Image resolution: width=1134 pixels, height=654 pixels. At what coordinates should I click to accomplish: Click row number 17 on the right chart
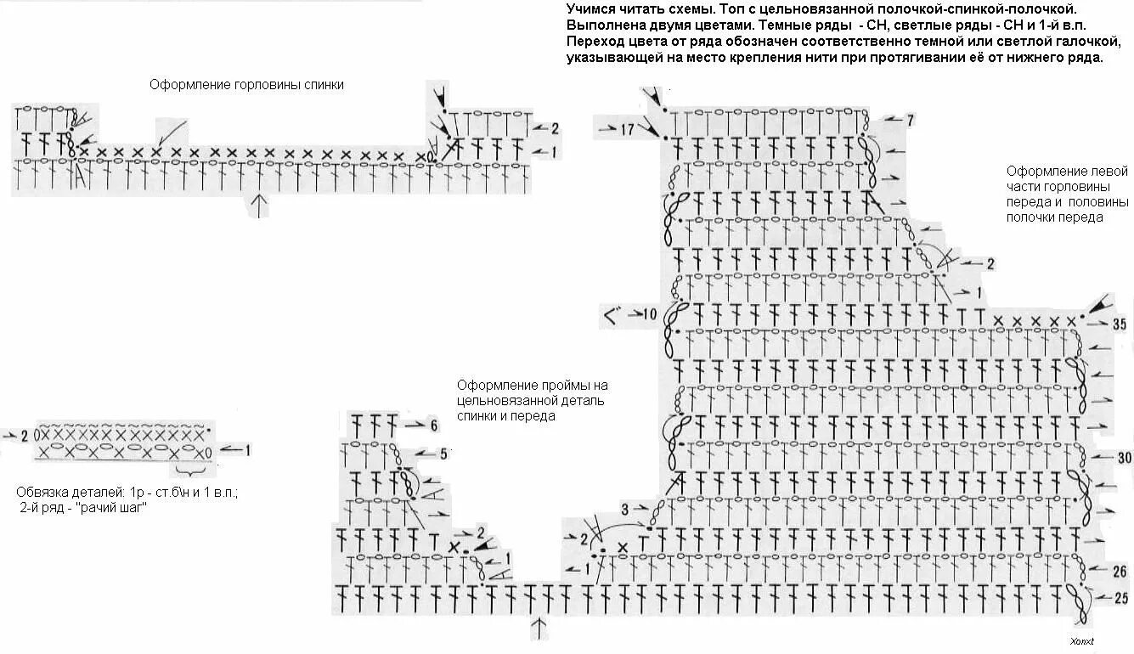point(627,130)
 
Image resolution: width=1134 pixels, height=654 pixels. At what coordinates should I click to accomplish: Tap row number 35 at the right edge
point(1119,324)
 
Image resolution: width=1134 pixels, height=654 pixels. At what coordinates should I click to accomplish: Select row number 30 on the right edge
point(1124,458)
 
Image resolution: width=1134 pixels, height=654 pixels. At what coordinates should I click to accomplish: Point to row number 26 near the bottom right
point(1119,571)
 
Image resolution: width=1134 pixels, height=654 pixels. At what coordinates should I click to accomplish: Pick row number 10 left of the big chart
point(650,314)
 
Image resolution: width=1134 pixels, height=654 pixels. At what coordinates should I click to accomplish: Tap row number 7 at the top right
point(910,121)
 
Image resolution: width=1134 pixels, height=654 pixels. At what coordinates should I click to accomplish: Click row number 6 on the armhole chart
point(433,426)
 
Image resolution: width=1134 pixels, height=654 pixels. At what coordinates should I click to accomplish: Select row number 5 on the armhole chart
point(442,454)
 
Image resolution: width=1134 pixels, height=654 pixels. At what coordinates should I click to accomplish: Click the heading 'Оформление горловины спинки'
point(246,85)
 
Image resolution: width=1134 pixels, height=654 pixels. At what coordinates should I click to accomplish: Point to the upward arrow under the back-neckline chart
point(259,205)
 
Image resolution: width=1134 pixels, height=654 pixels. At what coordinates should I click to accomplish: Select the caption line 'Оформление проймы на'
point(532,385)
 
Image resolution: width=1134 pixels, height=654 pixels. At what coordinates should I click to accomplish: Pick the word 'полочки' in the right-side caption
point(1030,217)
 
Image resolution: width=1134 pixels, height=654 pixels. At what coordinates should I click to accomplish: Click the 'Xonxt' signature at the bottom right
point(1081,641)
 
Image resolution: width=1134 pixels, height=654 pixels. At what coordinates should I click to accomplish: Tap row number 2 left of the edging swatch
point(25,435)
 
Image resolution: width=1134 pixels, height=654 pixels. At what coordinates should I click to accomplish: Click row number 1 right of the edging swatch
point(247,450)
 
